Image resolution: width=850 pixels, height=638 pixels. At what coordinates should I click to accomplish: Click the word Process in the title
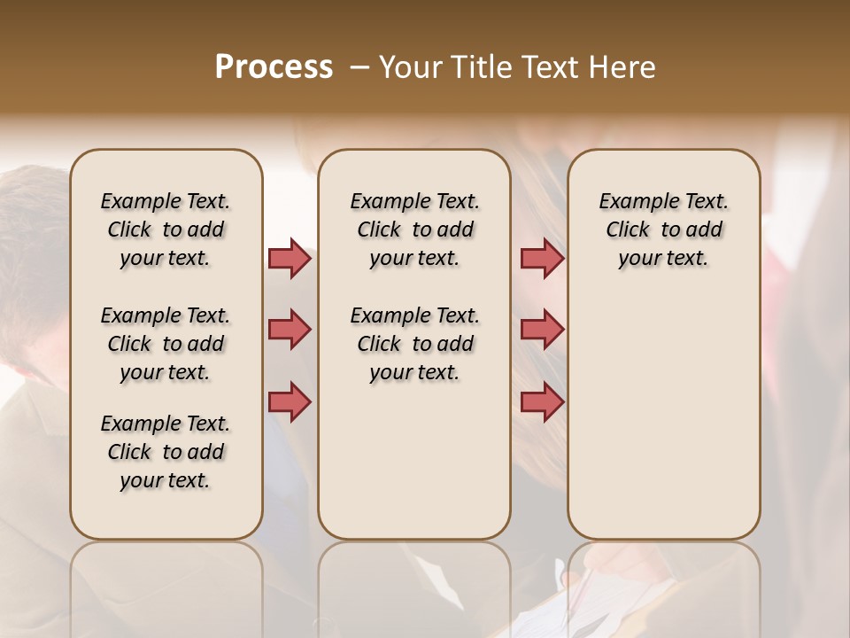point(274,67)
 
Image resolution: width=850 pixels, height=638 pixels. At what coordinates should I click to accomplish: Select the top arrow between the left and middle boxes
point(290,258)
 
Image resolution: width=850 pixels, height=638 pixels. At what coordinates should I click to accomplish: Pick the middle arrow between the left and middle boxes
point(290,330)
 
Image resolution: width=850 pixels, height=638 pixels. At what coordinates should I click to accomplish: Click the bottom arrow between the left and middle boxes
point(290,401)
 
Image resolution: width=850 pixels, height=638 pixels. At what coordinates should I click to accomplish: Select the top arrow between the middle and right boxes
point(542,258)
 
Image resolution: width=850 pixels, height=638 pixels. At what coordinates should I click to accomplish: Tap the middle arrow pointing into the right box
point(542,330)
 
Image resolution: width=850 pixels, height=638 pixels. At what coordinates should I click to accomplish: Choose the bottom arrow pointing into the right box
point(542,401)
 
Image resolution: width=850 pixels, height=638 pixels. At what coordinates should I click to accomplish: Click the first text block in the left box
point(166,230)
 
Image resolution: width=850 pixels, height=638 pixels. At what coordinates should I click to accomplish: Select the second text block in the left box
point(166,344)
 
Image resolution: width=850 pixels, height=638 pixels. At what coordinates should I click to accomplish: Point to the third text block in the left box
point(166,452)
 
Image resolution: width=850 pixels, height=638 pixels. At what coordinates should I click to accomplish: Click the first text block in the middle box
point(414,230)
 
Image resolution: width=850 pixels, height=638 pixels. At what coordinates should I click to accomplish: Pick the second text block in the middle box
point(414,344)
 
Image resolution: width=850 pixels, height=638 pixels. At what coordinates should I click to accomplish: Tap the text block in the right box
point(664,230)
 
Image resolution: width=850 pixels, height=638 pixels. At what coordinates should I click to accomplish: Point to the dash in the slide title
point(359,67)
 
